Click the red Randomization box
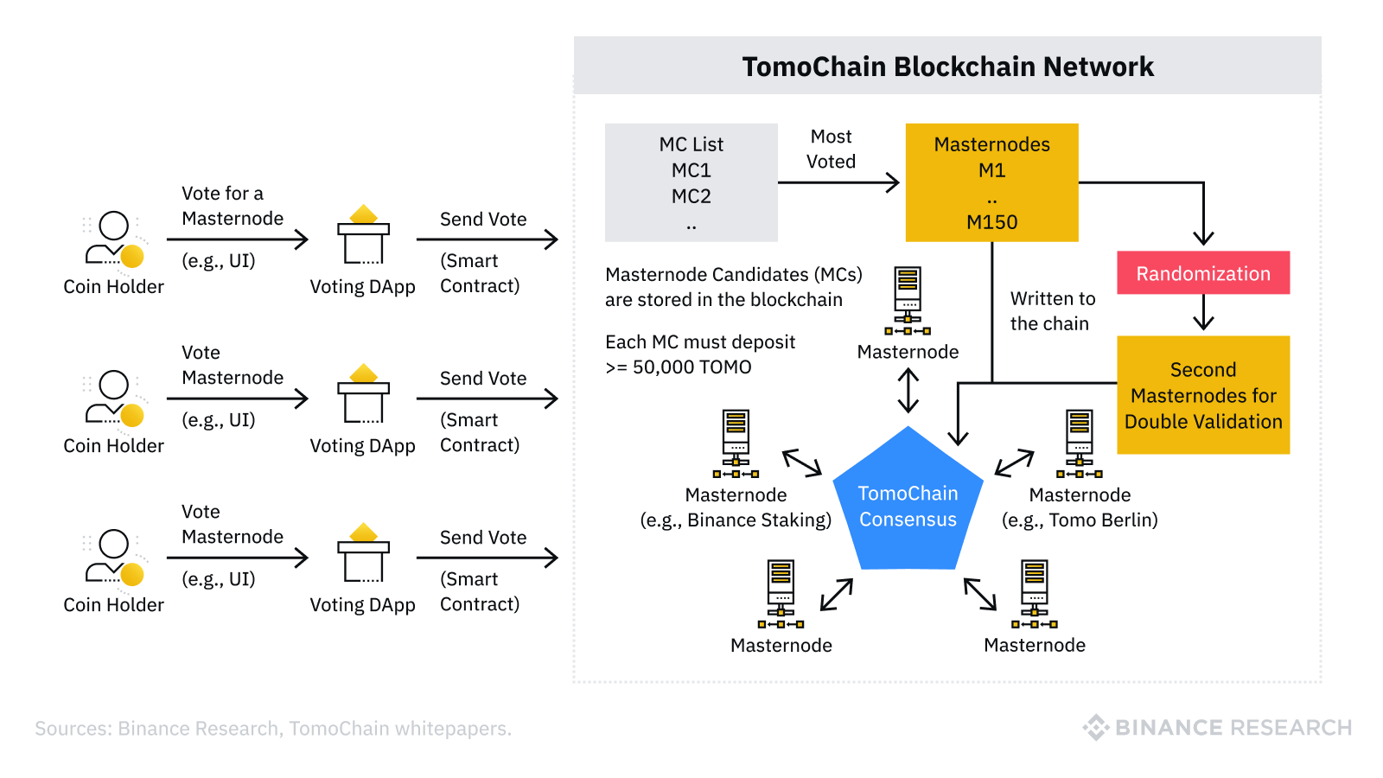pos(1202,273)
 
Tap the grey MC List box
pos(691,182)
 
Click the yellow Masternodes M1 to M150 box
pos(991,182)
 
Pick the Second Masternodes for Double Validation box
pos(1202,395)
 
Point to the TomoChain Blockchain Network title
pos(947,67)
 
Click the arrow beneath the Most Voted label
pos(838,182)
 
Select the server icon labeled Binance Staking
pos(736,443)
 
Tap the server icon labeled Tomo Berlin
pos(1079,443)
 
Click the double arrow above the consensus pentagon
pos(908,391)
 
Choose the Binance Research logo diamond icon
pos(1095,728)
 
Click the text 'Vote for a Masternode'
pos(232,206)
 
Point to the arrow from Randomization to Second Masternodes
pos(1203,313)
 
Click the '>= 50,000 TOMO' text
pos(679,367)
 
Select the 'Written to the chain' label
pos(1052,311)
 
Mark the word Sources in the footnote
pos(73,729)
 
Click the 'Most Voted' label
pos(831,149)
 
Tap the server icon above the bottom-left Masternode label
pos(781,593)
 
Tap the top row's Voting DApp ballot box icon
pos(363,235)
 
